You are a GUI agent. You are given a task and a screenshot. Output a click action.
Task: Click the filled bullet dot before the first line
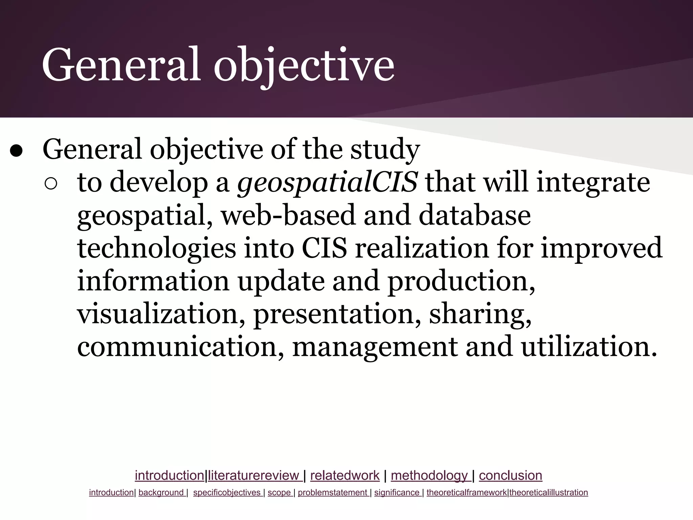click(x=16, y=151)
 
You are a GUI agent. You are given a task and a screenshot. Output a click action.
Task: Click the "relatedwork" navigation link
click(x=345, y=476)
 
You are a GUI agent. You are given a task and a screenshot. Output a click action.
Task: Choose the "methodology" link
click(x=429, y=476)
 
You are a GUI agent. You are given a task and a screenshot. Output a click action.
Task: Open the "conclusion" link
click(x=511, y=476)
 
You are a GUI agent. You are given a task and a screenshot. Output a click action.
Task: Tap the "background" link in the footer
click(x=161, y=493)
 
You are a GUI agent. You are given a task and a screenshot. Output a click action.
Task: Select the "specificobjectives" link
click(x=227, y=493)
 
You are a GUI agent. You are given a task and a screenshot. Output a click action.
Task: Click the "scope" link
click(x=280, y=493)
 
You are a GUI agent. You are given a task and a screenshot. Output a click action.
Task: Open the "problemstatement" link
click(x=333, y=493)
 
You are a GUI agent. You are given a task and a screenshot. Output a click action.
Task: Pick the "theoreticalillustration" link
click(x=549, y=493)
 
